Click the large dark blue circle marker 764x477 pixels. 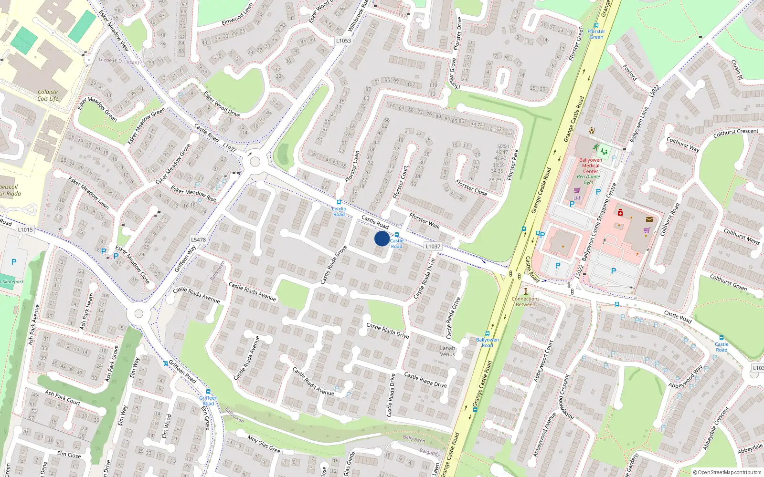382,238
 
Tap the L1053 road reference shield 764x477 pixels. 343,41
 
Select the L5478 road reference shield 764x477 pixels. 198,240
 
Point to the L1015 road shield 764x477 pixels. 25,229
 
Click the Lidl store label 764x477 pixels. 577,197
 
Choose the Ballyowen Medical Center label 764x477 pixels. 590,166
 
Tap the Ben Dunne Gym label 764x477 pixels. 588,179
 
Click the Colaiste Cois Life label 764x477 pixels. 48,95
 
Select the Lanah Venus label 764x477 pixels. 447,351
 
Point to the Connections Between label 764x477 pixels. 525,301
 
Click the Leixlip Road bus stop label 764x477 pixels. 339,211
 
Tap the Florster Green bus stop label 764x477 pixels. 596,34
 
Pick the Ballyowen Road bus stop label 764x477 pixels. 487,342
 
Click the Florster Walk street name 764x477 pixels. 424,220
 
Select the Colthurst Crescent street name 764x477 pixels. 735,133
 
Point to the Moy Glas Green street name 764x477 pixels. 265,444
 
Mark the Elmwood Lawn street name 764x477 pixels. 237,15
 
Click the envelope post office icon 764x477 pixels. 649,219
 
